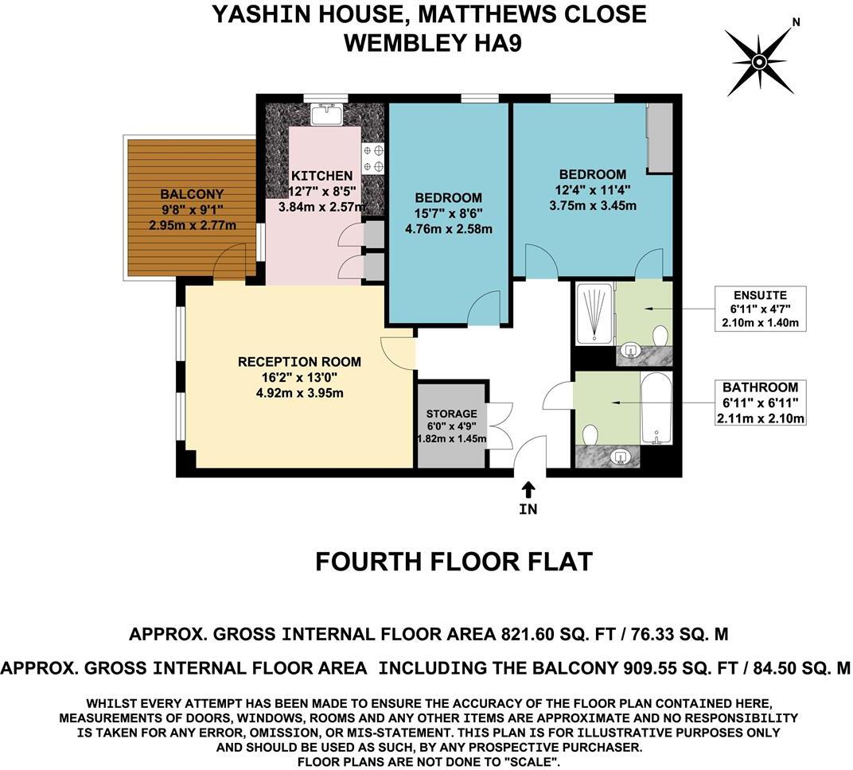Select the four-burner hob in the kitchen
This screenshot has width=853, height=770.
coord(373,157)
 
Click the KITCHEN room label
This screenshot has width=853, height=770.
coord(321,176)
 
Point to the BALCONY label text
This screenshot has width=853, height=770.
coord(192,194)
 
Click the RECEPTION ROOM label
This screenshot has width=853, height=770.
coord(299,362)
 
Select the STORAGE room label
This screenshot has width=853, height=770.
coord(451,414)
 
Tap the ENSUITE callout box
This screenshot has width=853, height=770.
coord(761,308)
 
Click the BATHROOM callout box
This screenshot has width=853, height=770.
coord(761,402)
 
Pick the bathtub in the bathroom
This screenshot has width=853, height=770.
coord(656,408)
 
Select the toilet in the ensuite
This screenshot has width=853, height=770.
coord(660,332)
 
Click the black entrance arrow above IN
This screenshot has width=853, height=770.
coord(528,488)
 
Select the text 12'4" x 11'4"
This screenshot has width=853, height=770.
coord(592,190)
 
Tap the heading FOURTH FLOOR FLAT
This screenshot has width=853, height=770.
coord(454,562)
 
